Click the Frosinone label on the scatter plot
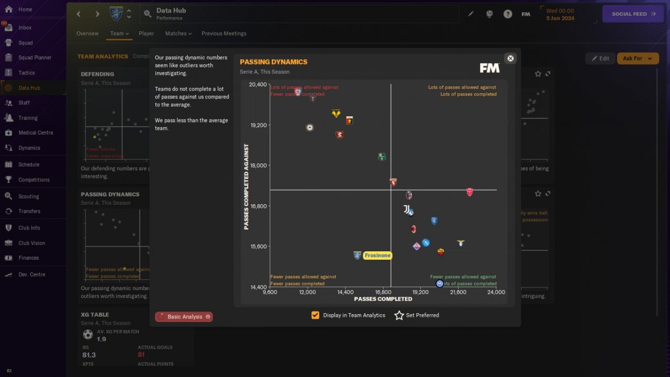[377, 256]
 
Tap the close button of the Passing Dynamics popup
[510, 59]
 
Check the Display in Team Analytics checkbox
[315, 315]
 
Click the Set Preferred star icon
[399, 315]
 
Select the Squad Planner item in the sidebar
[35, 58]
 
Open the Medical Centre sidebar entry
[36, 132]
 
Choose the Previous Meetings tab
[224, 34]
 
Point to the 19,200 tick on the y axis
[258, 125]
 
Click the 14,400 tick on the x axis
[345, 292]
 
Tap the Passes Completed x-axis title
[383, 299]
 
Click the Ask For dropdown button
[638, 59]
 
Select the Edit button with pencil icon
[600, 59]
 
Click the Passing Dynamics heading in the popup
[273, 62]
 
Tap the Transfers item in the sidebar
[29, 211]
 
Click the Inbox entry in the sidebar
[25, 28]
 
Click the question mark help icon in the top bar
[508, 14]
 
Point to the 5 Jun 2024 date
[560, 18]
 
